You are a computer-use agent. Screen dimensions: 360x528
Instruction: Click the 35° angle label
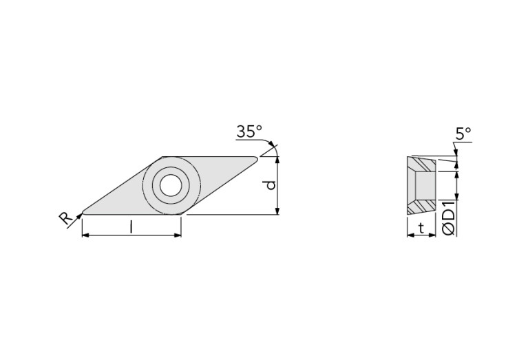coord(249,131)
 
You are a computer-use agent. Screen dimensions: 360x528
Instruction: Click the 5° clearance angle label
coord(463,134)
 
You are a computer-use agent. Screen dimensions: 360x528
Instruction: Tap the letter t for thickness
coord(421,229)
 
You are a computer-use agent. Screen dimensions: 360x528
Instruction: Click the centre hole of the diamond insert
coord(170,185)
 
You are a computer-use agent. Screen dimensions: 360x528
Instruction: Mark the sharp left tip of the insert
coord(83,211)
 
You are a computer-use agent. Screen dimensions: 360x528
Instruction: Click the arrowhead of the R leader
coord(80,215)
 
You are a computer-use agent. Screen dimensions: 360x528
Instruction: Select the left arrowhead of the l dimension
coord(85,235)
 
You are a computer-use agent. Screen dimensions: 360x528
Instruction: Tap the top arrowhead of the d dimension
coord(277,160)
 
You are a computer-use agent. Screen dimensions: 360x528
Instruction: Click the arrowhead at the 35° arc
coord(274,147)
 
